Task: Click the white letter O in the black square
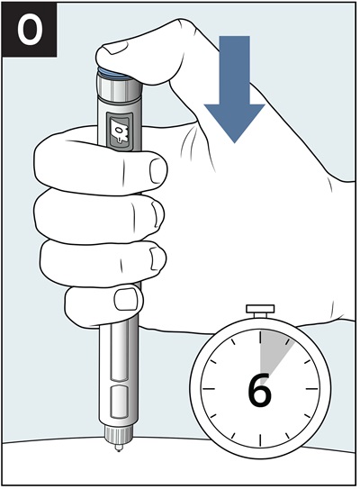tap(30, 30)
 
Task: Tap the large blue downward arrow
tap(234, 89)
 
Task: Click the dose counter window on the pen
tap(120, 131)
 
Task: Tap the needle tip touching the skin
tap(118, 448)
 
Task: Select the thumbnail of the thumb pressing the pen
tap(115, 47)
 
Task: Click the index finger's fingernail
tap(157, 170)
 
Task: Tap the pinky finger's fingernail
tap(127, 299)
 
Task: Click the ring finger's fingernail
tap(157, 258)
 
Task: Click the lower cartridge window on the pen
tap(120, 402)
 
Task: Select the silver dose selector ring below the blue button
tap(118, 87)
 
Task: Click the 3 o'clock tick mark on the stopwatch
tap(311, 389)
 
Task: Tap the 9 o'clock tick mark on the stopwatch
tap(209, 389)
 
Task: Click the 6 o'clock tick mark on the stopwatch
tap(260, 440)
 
